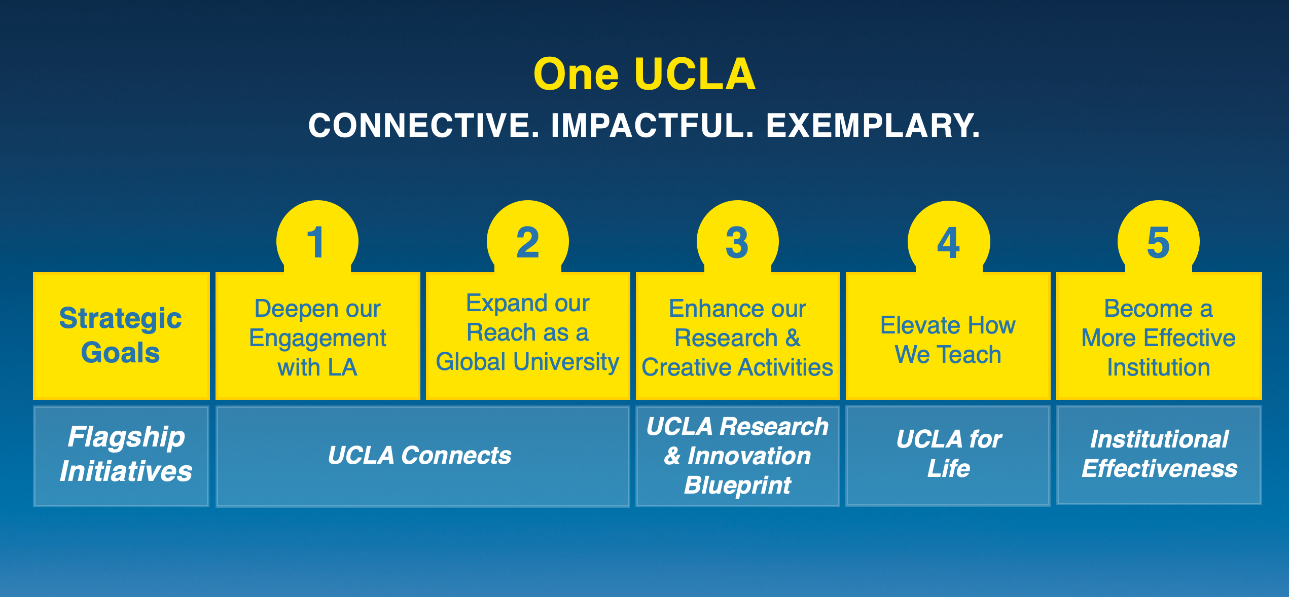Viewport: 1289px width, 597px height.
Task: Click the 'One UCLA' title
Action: pos(644,74)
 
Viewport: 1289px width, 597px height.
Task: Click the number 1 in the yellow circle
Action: pos(316,242)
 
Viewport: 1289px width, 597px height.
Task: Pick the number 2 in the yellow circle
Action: pos(527,242)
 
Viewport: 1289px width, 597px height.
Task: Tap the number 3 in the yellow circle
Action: pos(737,242)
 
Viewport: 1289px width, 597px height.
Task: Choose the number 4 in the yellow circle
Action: pos(948,242)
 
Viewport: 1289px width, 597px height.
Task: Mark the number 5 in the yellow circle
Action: pos(1159,242)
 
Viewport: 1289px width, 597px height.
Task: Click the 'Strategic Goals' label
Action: pos(121,334)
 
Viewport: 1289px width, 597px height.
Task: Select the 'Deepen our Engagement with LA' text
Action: pos(317,338)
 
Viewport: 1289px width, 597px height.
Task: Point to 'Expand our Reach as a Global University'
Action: pos(527,332)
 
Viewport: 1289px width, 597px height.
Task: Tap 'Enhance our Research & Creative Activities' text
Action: pos(737,338)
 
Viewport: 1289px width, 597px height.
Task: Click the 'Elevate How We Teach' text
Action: pos(948,340)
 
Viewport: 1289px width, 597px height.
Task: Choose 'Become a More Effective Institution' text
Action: pos(1159,338)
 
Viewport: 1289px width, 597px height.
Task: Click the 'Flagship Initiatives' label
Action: pos(126,454)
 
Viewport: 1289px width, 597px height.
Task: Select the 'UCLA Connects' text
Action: pos(419,455)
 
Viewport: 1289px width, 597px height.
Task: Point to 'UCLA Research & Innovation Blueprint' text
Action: pos(737,455)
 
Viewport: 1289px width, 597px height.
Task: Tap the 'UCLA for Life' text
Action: pos(949,454)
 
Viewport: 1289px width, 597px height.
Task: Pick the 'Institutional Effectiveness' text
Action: pos(1159,454)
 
